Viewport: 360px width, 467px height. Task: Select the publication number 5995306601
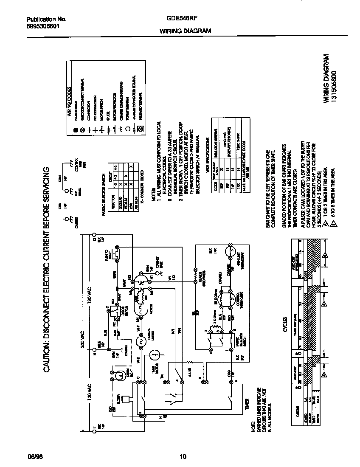point(43,25)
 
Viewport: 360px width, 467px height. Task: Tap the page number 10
point(183,457)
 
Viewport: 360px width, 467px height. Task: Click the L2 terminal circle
point(94,234)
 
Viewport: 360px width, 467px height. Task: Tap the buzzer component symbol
point(126,399)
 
